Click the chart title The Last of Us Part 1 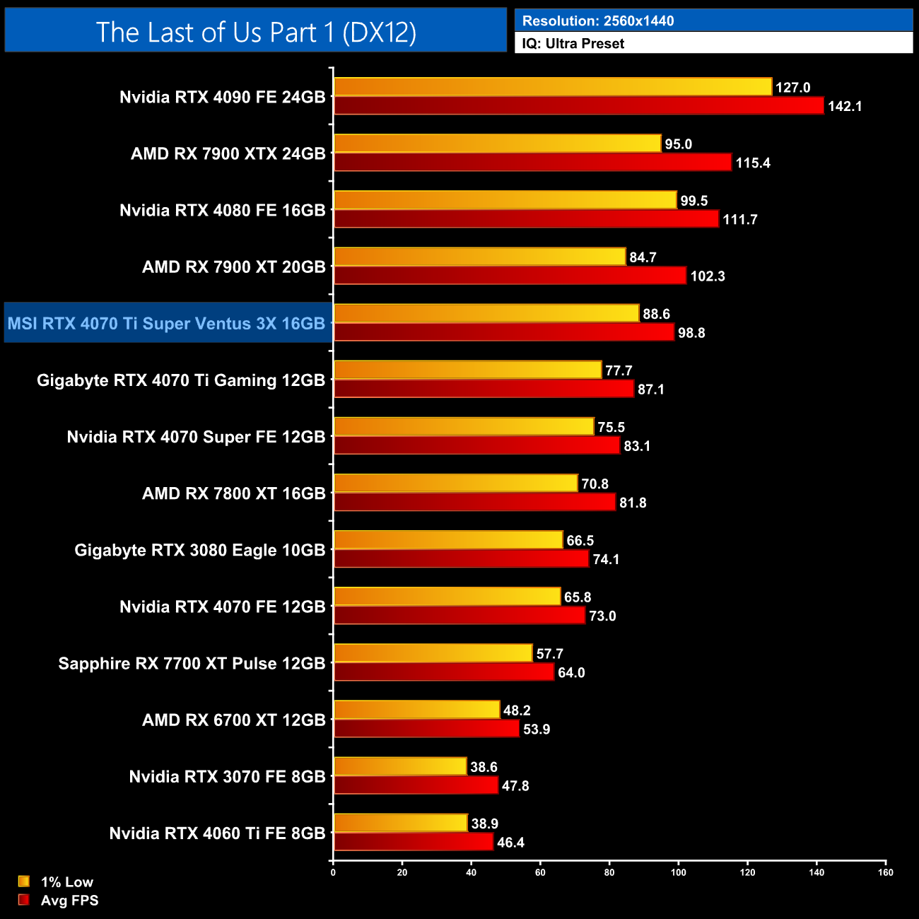pos(256,33)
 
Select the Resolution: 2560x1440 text pos(598,21)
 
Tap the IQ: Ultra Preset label pos(573,44)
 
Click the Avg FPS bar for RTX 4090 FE pos(578,106)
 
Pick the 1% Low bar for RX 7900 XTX pos(497,144)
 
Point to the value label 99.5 pos(693,201)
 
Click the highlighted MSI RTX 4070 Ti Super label pos(166,324)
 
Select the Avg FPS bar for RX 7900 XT pos(510,276)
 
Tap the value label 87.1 pos(650,390)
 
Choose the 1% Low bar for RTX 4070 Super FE pos(464,427)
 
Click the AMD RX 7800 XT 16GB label pos(233,493)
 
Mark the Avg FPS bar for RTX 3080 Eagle pos(461,559)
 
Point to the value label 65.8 pos(578,597)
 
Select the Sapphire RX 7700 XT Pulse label pos(192,664)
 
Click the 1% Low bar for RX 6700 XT pos(416,710)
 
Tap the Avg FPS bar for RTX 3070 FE pos(416,785)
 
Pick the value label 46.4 pos(510,843)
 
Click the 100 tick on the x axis pos(678,872)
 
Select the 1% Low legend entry pos(57,882)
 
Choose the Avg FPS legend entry pos(59,901)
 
